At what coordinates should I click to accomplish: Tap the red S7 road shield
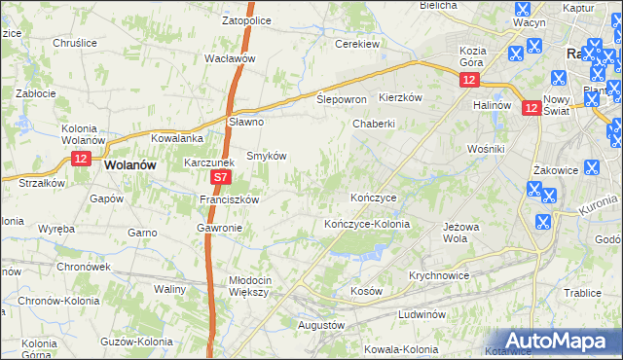pos(221,178)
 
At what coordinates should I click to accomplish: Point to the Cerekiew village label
pos(356,44)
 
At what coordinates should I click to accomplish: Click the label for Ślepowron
pos(342,100)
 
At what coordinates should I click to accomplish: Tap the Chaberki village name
pos(373,124)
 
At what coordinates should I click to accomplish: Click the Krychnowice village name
pos(439,275)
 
